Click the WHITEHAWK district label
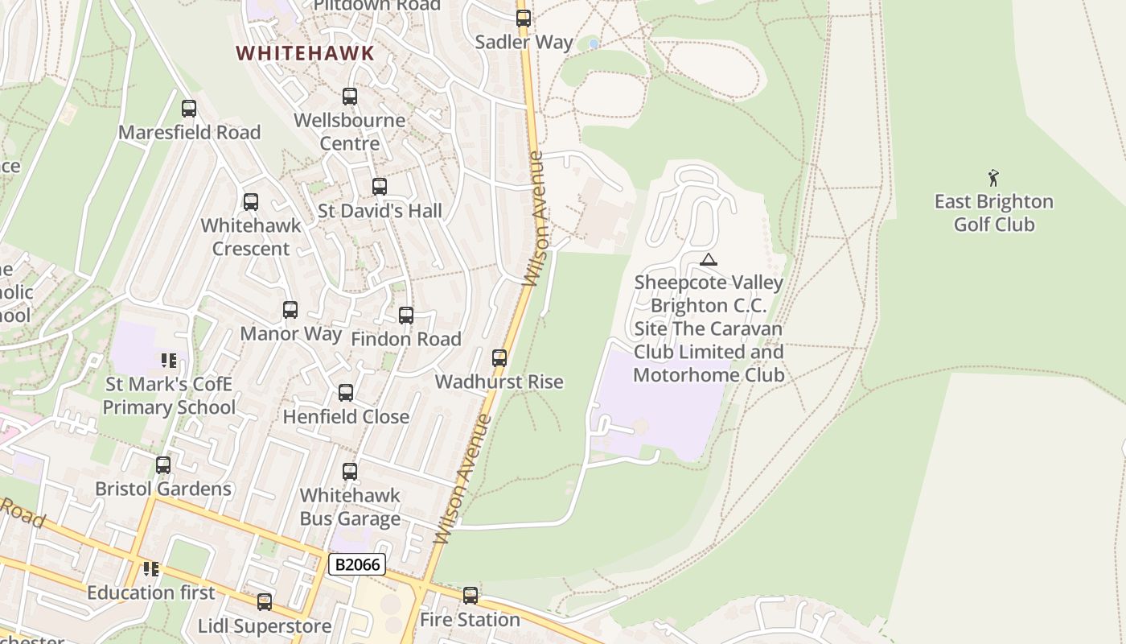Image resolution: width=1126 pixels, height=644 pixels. point(305,54)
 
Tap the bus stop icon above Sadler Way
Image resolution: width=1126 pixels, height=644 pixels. point(524,18)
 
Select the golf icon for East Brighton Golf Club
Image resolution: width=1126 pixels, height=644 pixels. point(994,177)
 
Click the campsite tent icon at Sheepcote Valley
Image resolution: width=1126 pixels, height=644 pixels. point(708,259)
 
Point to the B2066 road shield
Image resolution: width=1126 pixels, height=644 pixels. point(356,564)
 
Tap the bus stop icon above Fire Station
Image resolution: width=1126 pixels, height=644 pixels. point(471,596)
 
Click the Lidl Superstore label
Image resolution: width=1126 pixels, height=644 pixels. point(265,625)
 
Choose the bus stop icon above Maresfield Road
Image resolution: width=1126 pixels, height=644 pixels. point(189,108)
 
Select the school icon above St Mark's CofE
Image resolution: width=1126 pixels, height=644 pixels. point(168,360)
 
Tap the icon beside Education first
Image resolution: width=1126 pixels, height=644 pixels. point(150,569)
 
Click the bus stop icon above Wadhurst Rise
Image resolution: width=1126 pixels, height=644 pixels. point(499,357)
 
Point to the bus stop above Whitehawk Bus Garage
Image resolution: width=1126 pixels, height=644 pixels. point(350,471)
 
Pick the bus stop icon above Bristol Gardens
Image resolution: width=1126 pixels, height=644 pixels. point(163,464)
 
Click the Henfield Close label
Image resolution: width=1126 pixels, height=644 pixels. point(346,416)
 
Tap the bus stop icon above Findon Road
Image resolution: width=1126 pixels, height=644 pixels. point(406,315)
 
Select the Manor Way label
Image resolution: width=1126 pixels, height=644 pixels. point(290,333)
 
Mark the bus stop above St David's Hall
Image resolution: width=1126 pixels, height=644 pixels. point(380,187)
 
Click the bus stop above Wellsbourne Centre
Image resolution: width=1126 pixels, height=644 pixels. point(350,96)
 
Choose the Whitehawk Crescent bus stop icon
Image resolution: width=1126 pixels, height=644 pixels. point(251,201)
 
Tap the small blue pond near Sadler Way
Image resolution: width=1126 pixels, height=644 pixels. point(594,43)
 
